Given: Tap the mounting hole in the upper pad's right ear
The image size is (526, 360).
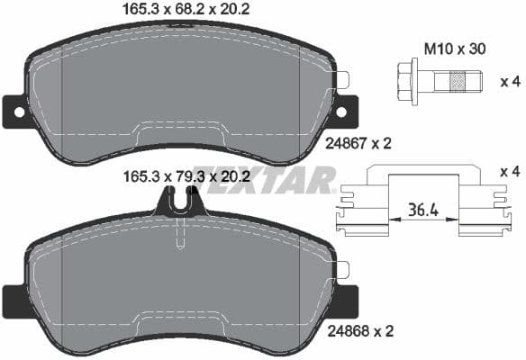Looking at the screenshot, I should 341,112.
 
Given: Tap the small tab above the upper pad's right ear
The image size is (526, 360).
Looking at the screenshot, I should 342,79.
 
